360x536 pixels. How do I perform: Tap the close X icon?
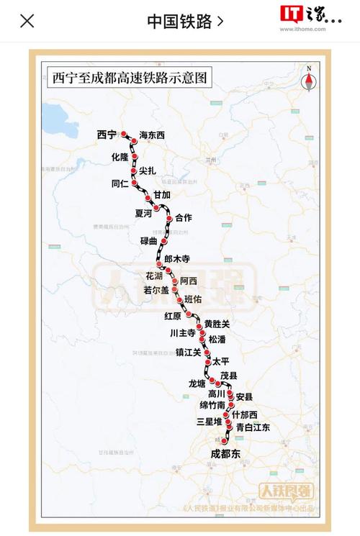(x=27, y=20)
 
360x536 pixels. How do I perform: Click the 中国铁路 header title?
(x=179, y=21)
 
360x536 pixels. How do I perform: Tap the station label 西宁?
(x=106, y=135)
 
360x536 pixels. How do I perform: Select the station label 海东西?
(x=152, y=135)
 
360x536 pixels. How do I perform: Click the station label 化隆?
(x=120, y=156)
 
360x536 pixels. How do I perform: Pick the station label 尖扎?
(x=148, y=171)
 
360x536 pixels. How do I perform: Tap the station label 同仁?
(x=120, y=183)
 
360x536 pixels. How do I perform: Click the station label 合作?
(x=184, y=217)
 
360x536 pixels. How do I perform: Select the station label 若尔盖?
(x=156, y=290)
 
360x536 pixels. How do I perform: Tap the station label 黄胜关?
(x=217, y=324)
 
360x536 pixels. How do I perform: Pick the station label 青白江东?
(x=253, y=427)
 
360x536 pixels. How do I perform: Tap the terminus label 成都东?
(x=225, y=454)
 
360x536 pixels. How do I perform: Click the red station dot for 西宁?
(x=123, y=134)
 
